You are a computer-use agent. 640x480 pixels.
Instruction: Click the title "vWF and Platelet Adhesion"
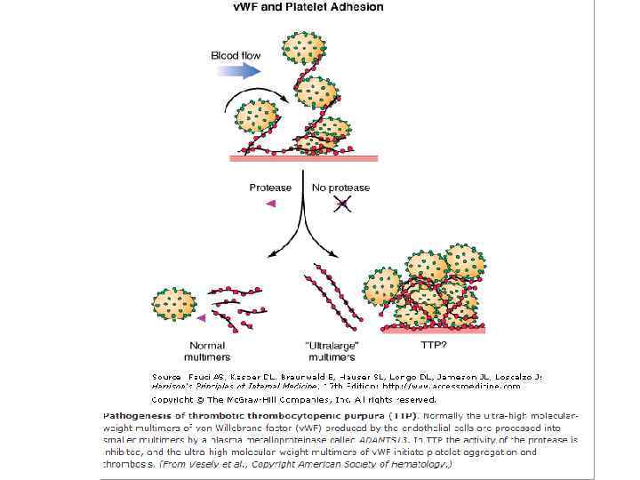pos(308,7)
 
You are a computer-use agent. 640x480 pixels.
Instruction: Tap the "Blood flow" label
pos(236,55)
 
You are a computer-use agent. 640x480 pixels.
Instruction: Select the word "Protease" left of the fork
pos(270,188)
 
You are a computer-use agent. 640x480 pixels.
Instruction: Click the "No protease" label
pos(340,188)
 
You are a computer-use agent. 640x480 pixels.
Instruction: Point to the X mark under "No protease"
pos(341,204)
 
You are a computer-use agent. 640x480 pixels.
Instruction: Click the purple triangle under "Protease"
pos(271,204)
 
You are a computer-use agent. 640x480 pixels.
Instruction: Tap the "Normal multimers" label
pos(206,351)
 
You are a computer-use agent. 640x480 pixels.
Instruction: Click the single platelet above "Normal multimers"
pos(174,303)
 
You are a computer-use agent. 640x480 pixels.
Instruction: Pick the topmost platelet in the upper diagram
pos(302,48)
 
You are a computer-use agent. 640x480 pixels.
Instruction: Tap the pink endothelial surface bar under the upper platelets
pos(292,157)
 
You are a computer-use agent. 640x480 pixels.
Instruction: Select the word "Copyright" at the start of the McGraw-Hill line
pos(169,400)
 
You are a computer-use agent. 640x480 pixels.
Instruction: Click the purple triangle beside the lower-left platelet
pos(202,316)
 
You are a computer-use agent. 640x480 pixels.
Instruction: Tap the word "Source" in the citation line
pos(164,377)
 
